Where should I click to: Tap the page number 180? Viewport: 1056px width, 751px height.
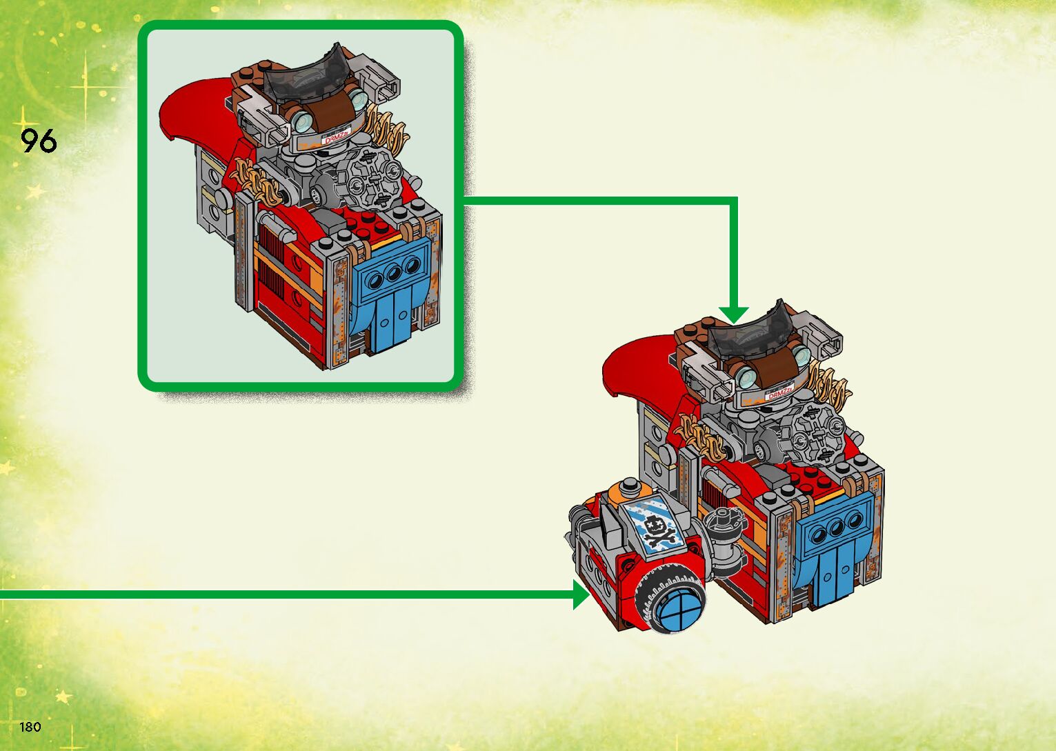pos(30,726)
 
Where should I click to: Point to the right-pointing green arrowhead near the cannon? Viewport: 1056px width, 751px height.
pos(581,594)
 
